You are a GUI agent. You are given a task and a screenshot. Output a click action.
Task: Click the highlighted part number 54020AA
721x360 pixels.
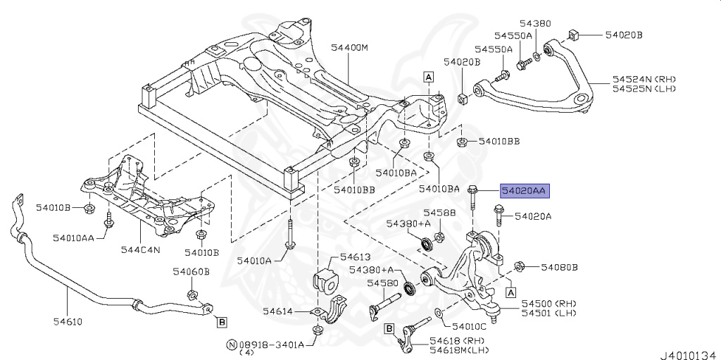pos(524,190)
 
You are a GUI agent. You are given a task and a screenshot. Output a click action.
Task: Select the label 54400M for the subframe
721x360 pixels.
pos(350,48)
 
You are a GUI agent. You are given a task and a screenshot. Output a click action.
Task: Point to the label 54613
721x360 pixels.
pos(355,257)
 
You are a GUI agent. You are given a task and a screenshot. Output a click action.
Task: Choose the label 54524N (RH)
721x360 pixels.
pos(644,79)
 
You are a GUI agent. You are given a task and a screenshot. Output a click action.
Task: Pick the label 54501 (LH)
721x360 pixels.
pos(547,313)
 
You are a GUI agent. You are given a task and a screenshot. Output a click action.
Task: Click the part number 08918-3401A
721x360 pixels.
pos(271,345)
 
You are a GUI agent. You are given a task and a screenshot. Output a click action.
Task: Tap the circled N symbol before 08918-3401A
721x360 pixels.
pos(231,345)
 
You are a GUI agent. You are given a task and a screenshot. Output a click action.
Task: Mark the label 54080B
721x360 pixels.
pos(559,267)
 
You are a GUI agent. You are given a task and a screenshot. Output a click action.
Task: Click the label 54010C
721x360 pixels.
pos(470,326)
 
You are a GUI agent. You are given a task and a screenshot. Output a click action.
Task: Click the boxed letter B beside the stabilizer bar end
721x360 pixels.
pos(222,323)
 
